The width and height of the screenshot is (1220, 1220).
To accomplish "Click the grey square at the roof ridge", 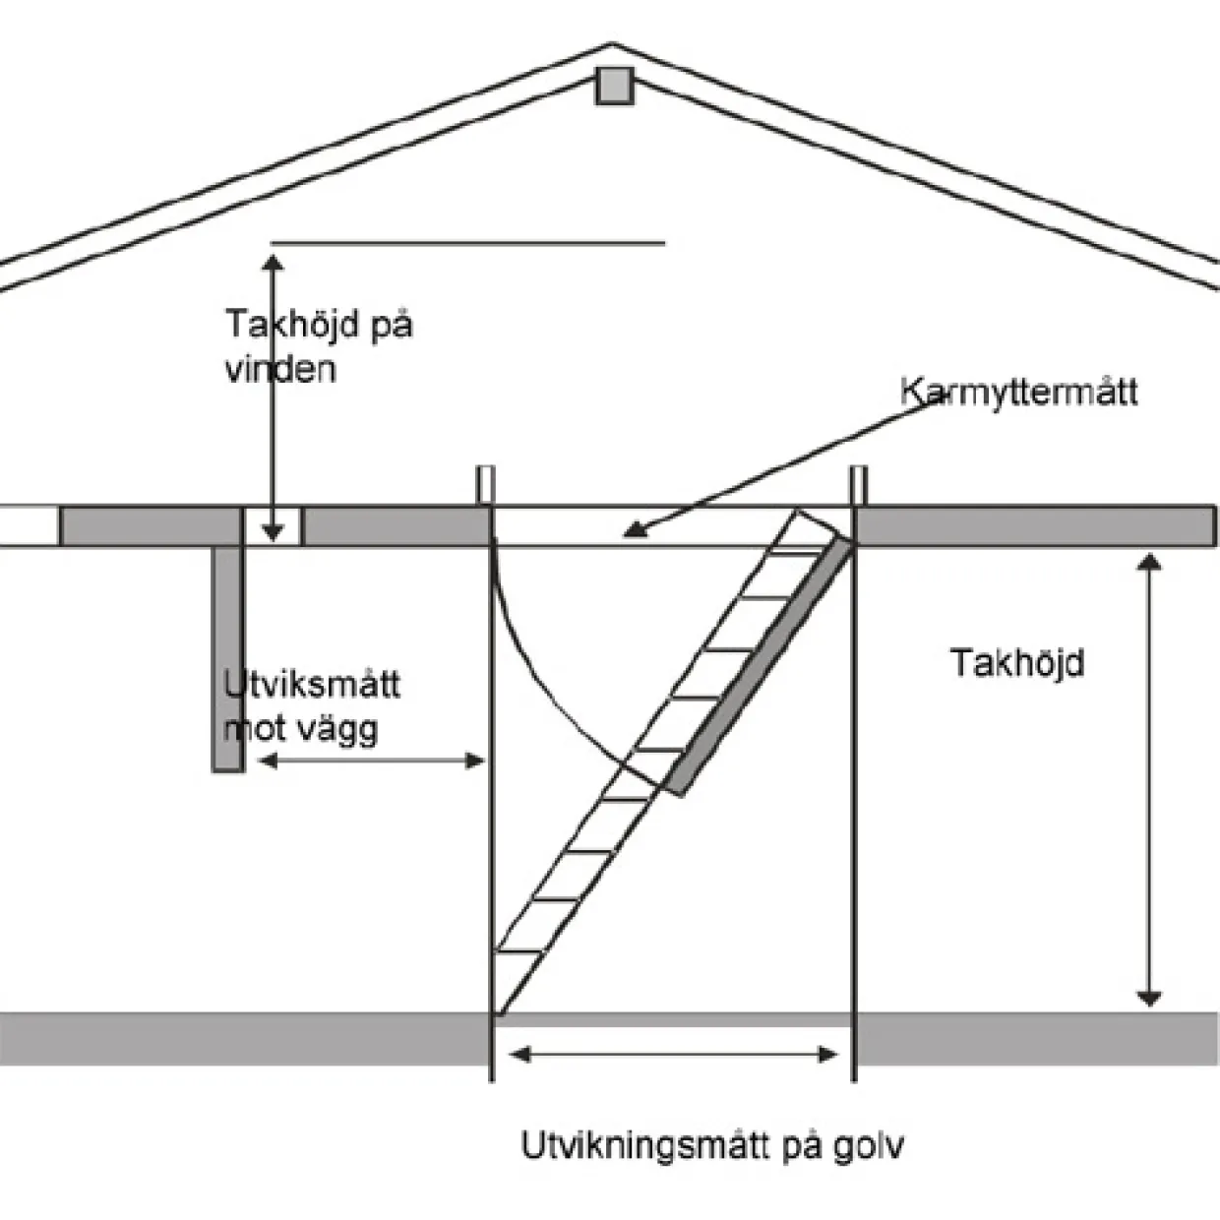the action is click(614, 86).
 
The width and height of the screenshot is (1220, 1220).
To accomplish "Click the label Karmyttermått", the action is click(1018, 393).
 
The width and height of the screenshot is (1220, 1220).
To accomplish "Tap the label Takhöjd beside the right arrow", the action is click(1017, 664).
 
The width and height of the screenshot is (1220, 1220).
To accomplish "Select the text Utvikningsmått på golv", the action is click(712, 1145).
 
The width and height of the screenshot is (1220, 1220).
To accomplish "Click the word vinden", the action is click(280, 369).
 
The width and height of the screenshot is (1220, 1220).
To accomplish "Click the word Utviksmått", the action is click(312, 685).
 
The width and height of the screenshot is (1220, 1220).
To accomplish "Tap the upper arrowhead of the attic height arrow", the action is click(273, 262).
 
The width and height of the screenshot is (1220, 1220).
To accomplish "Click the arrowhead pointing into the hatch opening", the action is click(635, 530).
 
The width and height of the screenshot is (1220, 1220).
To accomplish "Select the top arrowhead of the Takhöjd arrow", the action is click(1149, 562).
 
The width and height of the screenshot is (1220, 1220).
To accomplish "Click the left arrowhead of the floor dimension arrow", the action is click(518, 1055).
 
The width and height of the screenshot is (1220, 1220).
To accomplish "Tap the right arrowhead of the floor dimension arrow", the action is click(828, 1055).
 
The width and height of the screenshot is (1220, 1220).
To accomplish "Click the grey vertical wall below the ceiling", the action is click(228, 658).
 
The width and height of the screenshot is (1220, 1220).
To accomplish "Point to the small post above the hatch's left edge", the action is click(486, 485).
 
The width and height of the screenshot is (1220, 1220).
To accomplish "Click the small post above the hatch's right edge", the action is click(859, 485).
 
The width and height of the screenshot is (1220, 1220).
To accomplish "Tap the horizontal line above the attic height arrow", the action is click(468, 242).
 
